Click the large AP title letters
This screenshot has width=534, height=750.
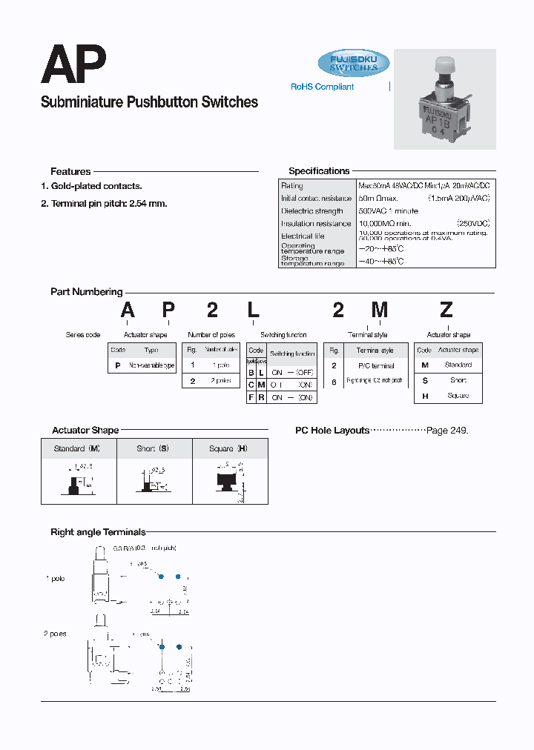click(73, 65)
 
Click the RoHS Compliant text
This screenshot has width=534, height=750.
click(322, 87)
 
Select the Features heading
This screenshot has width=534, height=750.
click(70, 171)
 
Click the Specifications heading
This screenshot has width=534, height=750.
click(319, 171)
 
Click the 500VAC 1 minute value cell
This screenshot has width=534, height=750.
click(388, 211)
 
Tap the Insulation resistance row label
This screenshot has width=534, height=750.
click(316, 224)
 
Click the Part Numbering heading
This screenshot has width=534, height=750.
click(86, 292)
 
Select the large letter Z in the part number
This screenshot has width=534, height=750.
click(446, 311)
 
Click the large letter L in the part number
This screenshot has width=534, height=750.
click(253, 311)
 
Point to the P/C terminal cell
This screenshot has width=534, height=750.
click(375, 366)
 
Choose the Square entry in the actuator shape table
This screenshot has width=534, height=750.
click(458, 396)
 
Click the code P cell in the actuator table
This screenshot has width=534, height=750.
click(117, 365)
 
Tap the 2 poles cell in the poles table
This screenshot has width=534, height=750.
click(220, 381)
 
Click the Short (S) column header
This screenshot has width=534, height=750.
click(153, 448)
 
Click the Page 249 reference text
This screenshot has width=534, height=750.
click(447, 431)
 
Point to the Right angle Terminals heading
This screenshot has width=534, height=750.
click(98, 532)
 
